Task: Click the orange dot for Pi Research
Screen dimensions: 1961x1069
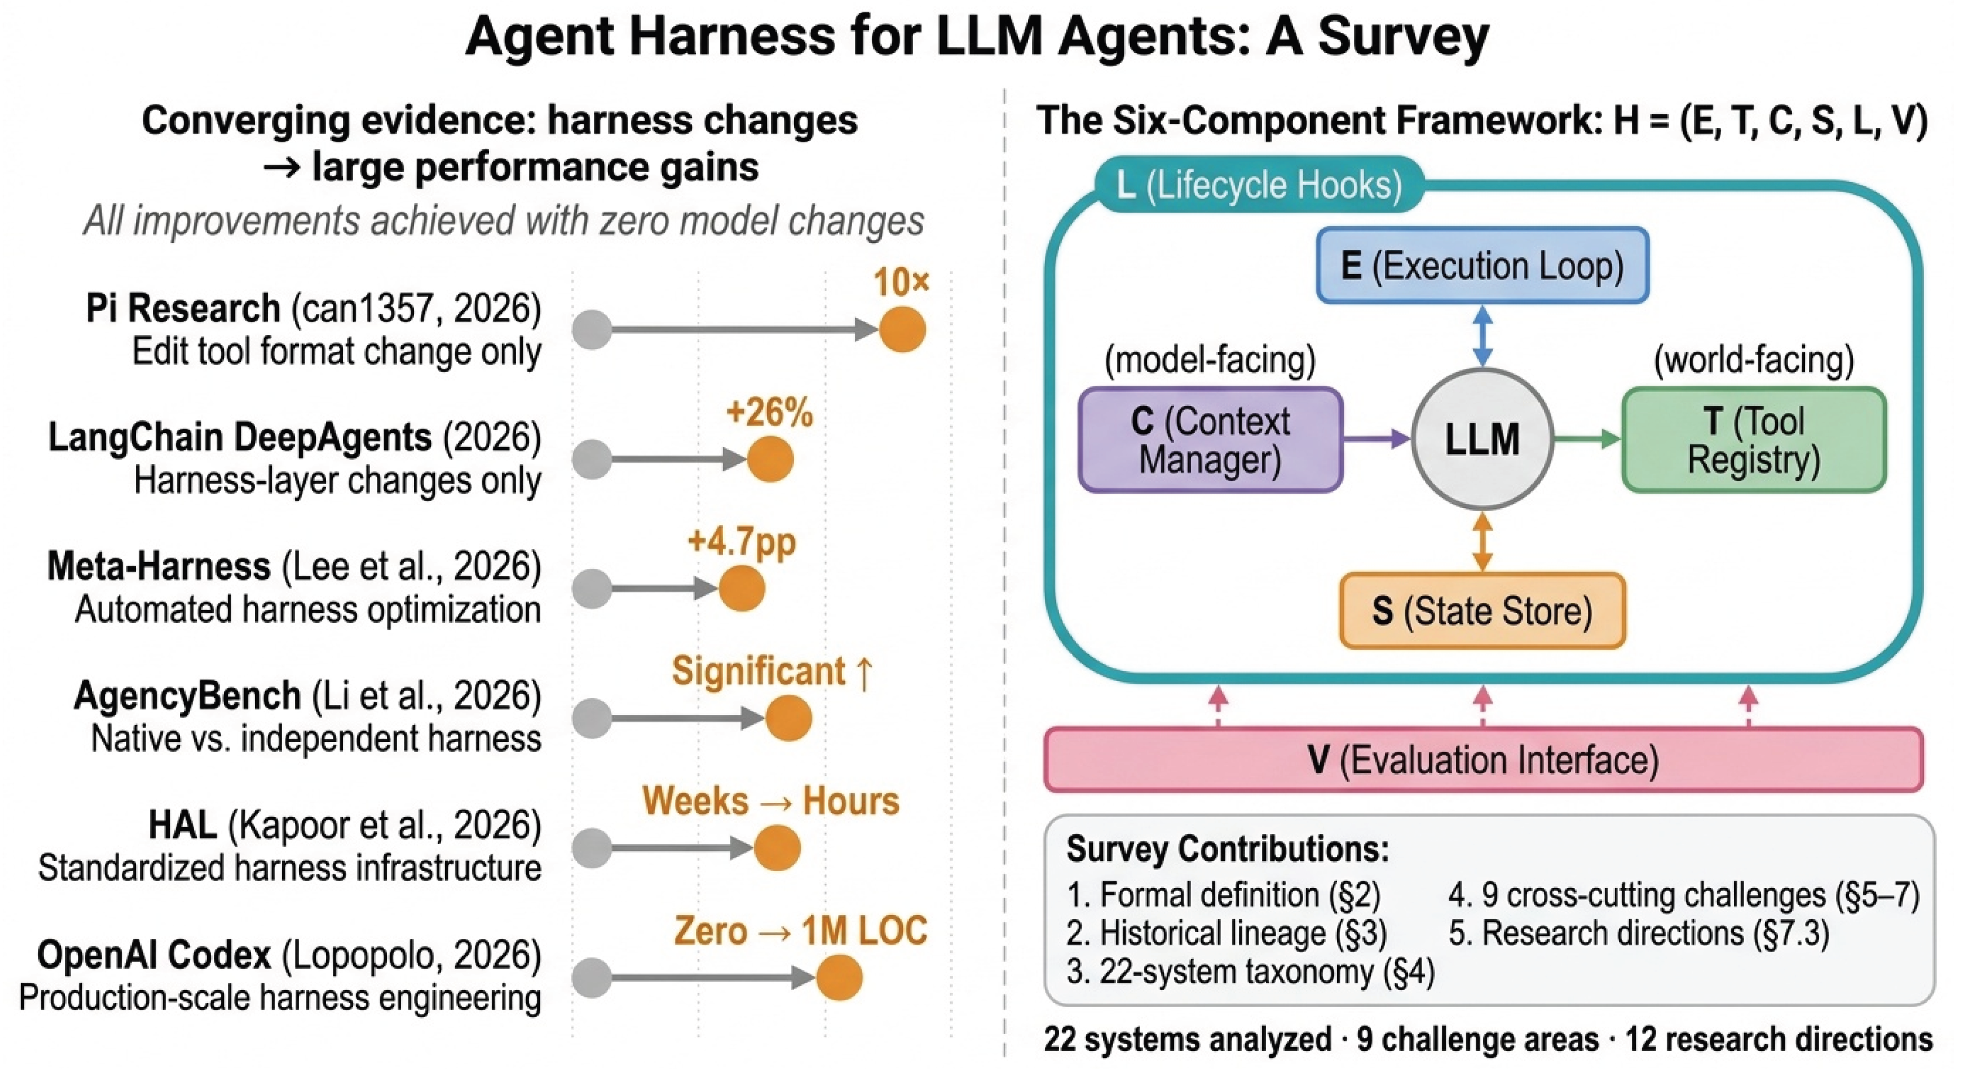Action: click(x=902, y=330)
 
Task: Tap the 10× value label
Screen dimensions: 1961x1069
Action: click(x=901, y=283)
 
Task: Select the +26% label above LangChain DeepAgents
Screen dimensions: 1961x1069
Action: click(x=770, y=413)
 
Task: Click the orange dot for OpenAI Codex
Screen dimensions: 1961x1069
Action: click(x=839, y=977)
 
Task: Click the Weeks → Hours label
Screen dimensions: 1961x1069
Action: click(x=771, y=801)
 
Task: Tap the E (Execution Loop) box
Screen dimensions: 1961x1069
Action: click(x=1482, y=266)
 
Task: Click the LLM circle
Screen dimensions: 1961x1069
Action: click(x=1481, y=439)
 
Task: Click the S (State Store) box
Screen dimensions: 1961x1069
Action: click(x=1482, y=611)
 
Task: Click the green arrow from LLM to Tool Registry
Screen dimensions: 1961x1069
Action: click(x=1587, y=439)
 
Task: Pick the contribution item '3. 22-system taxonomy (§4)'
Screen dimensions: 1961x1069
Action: click(x=1250, y=972)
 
